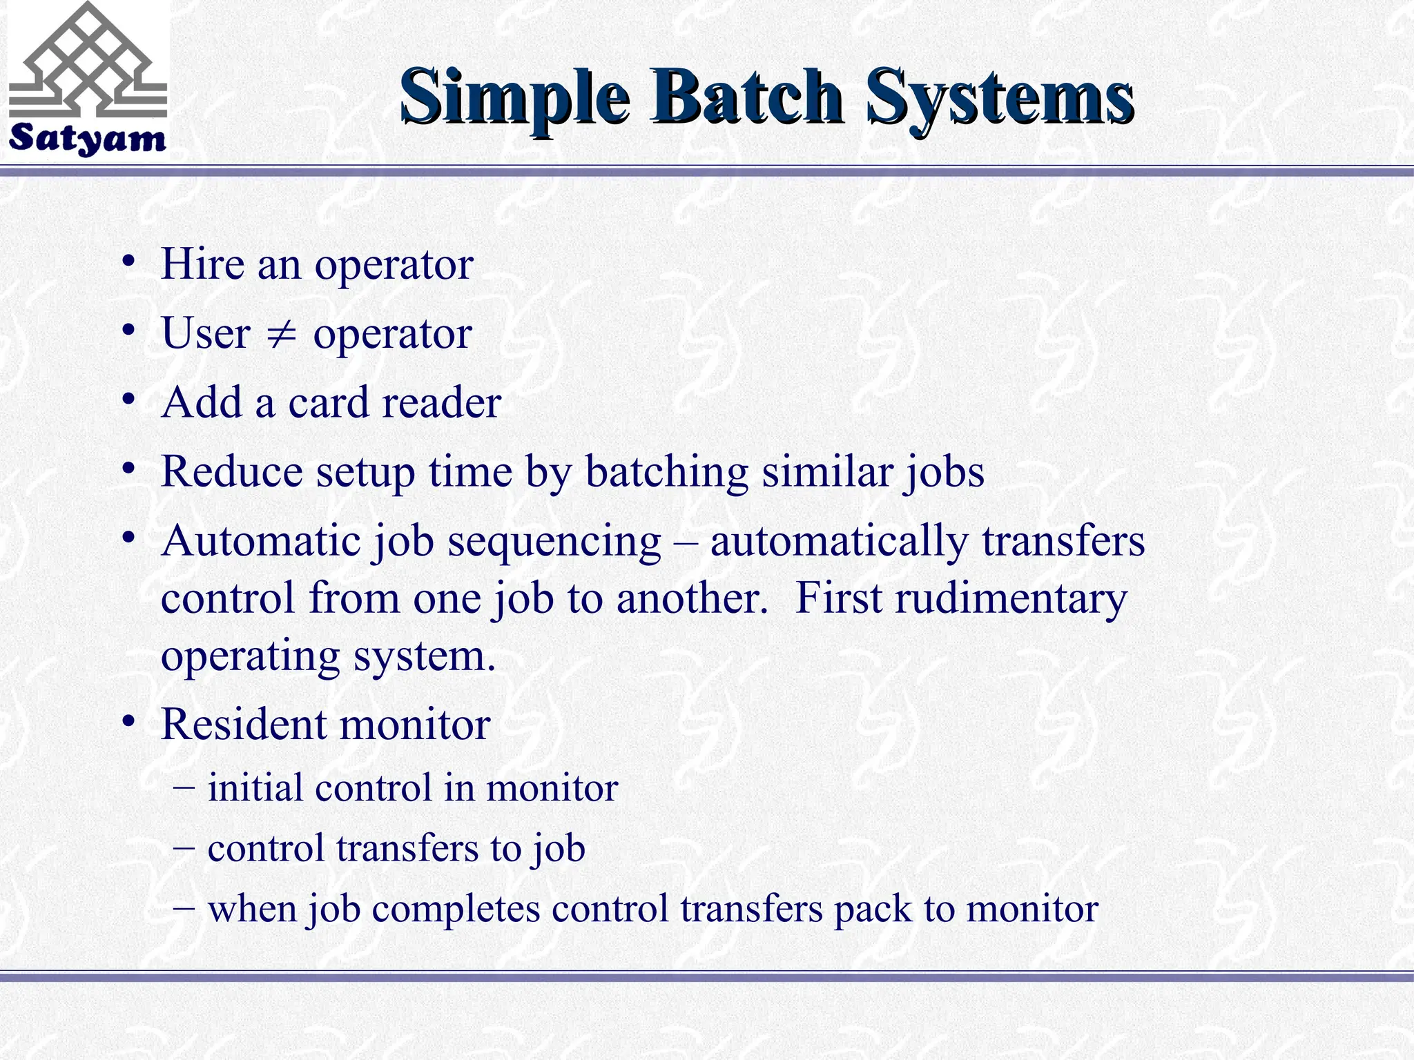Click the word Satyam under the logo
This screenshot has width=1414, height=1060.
tap(87, 139)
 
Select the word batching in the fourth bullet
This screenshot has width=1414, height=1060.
tap(666, 472)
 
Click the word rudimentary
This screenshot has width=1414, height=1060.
tap(1011, 598)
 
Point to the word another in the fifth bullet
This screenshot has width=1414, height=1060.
tap(691, 598)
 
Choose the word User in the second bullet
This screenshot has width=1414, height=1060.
tap(206, 334)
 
